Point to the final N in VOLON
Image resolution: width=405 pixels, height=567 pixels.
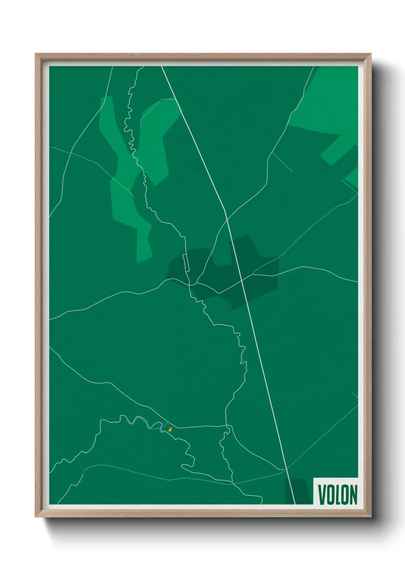click(353, 495)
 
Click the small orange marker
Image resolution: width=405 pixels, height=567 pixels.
click(170, 429)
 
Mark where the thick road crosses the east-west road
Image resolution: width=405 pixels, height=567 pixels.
click(242, 280)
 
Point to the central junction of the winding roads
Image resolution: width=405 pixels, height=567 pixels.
click(190, 284)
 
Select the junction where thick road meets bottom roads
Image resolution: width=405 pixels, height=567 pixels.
click(286, 469)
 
